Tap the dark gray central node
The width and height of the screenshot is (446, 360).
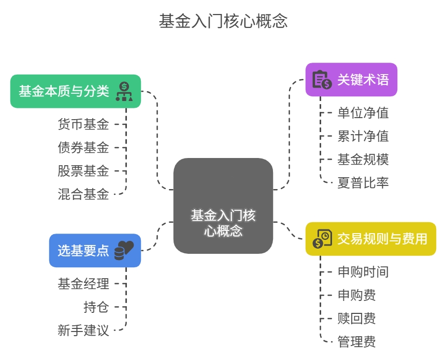click(x=223, y=206)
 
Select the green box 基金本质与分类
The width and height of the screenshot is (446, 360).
click(x=76, y=91)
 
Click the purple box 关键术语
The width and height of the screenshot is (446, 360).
click(x=351, y=80)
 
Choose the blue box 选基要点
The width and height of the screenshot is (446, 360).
click(x=95, y=250)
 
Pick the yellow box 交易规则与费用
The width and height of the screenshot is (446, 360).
click(x=370, y=239)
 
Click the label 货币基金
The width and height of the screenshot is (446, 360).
click(x=83, y=124)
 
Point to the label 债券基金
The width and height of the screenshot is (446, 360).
click(x=83, y=147)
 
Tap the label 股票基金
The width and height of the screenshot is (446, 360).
click(x=83, y=170)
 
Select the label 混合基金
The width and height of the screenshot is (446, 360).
click(x=83, y=194)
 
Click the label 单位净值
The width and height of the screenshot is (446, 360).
click(x=363, y=112)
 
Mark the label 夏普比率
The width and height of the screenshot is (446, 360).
click(x=363, y=182)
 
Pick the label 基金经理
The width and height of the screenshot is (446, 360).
click(x=83, y=283)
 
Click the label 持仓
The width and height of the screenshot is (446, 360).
click(x=96, y=307)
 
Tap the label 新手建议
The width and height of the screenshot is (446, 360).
click(x=83, y=330)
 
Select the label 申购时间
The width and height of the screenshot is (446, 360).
click(x=363, y=271)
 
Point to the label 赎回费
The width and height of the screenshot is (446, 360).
click(x=356, y=318)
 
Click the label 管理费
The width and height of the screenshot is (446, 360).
click(x=356, y=341)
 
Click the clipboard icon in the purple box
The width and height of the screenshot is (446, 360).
click(x=322, y=80)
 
